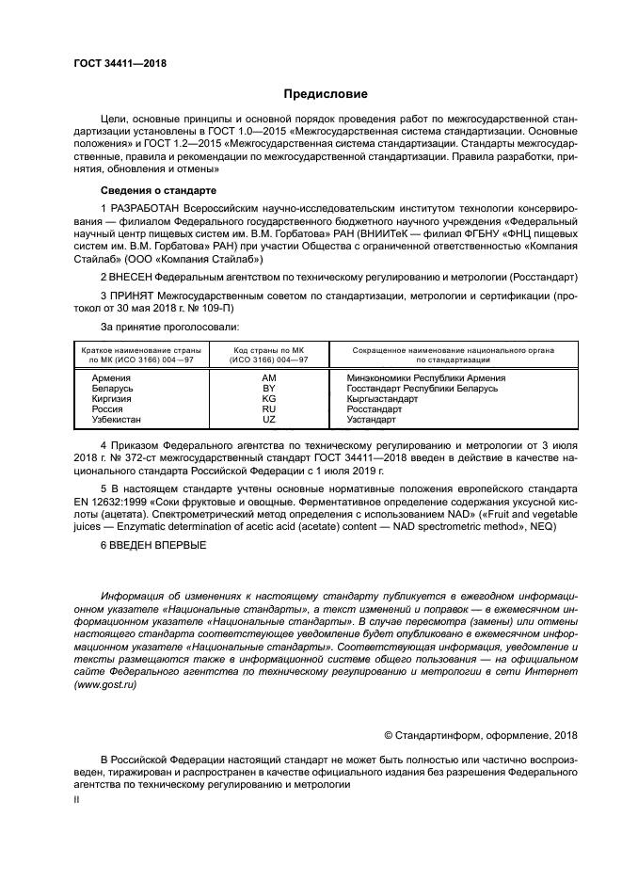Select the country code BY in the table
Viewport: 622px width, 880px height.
[x=268, y=387]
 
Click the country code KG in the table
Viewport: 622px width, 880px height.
[x=268, y=398]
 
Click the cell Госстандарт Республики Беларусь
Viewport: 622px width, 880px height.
[x=408, y=387]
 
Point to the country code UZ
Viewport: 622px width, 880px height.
[x=268, y=419]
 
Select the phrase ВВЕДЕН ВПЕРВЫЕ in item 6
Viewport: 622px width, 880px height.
[x=161, y=545]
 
